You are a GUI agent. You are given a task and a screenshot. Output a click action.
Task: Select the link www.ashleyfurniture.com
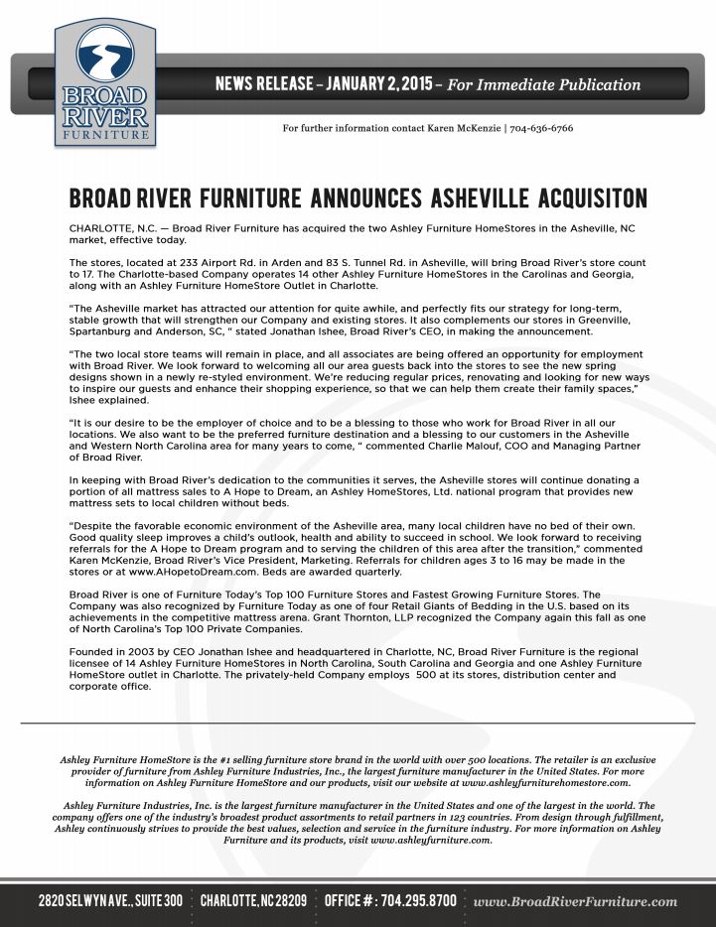(430, 840)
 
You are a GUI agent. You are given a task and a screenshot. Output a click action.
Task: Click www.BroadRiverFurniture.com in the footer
(576, 901)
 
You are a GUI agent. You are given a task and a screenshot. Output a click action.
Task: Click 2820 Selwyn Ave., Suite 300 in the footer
(110, 901)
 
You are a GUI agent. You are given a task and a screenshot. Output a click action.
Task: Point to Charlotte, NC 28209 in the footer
(253, 901)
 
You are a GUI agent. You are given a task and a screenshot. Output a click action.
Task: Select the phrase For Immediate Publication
(544, 84)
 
